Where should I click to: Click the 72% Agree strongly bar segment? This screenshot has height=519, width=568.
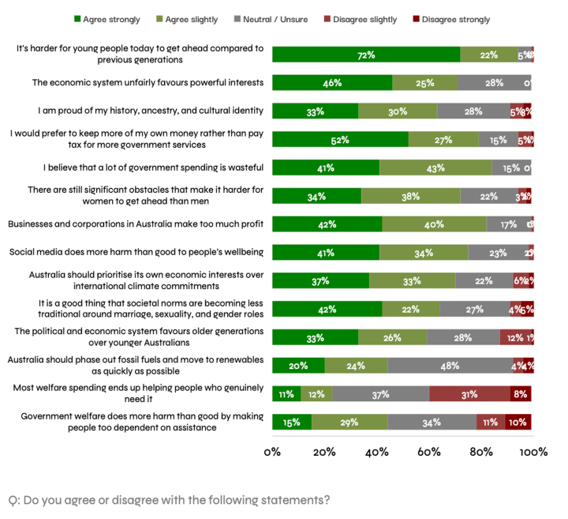[x=366, y=55]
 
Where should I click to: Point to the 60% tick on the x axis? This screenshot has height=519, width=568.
[x=429, y=452]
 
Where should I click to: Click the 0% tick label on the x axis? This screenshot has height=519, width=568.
[x=272, y=452]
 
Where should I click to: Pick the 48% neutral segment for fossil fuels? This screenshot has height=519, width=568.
[x=450, y=365]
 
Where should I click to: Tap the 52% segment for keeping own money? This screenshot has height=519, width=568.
[x=340, y=139]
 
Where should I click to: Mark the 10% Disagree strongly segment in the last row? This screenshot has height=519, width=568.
[x=518, y=422]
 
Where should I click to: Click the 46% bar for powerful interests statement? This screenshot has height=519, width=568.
[x=332, y=83]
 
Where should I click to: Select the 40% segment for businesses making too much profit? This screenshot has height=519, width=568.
[x=434, y=224]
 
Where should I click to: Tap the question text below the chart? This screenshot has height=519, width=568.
[x=169, y=500]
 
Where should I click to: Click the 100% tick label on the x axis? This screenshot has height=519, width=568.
[x=532, y=452]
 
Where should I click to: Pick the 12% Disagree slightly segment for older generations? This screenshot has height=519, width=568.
[x=514, y=337]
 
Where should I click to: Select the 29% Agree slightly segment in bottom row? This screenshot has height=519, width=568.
[x=349, y=422]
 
